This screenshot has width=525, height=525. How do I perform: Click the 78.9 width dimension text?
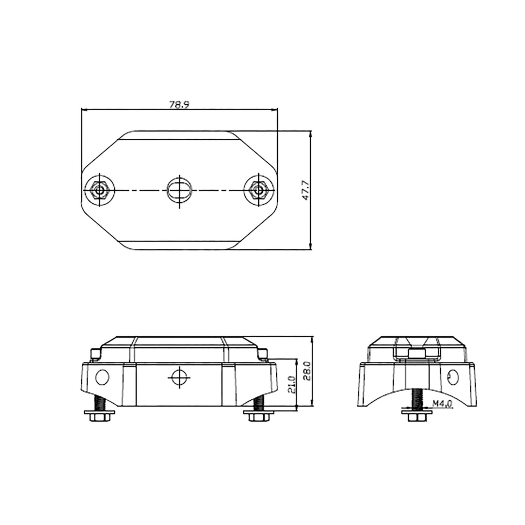pos(179,105)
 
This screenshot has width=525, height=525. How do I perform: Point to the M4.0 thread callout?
pos(442,404)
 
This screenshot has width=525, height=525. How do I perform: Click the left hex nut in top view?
pos(99,190)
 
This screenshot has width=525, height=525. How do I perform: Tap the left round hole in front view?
pos(102,378)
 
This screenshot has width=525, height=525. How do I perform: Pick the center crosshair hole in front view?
pos(179,378)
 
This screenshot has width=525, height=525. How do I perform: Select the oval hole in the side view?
pos(453,377)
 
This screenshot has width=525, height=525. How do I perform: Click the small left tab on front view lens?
pos(95,354)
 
